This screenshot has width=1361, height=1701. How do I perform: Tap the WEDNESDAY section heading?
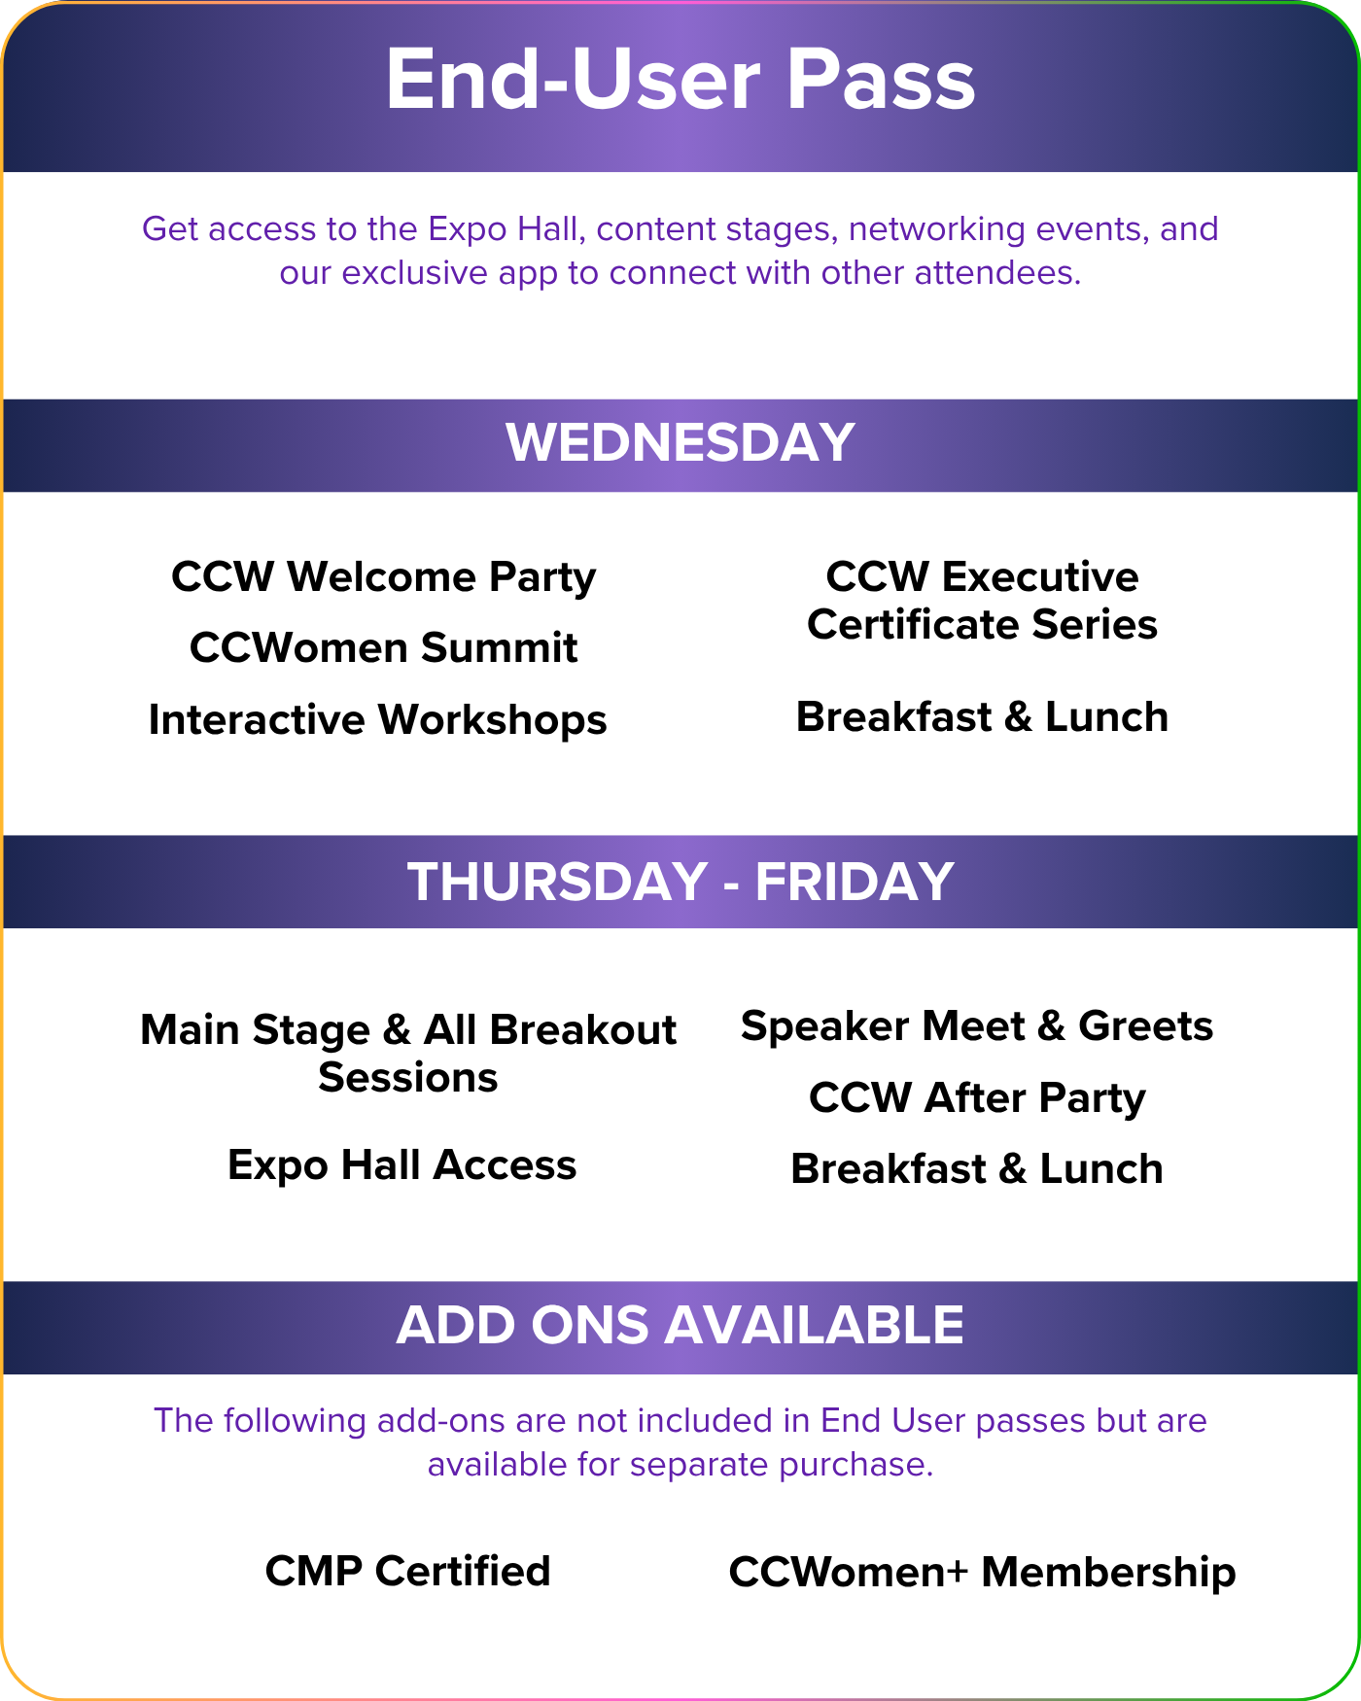[680, 442]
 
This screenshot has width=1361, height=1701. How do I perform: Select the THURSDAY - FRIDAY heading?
[680, 882]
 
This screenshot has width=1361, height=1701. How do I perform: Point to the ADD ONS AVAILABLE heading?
[680, 1325]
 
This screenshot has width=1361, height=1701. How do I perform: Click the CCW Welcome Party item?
[384, 577]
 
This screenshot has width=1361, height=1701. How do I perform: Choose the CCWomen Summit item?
[384, 647]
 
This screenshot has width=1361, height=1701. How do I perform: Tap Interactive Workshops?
[378, 720]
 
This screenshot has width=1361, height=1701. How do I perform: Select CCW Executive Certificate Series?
[982, 601]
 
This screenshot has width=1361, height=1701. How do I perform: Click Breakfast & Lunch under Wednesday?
[982, 717]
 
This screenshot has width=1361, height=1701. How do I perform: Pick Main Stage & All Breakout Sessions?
[408, 1054]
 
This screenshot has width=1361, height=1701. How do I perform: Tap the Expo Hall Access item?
[402, 1165]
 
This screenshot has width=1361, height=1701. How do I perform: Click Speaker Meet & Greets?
[977, 1026]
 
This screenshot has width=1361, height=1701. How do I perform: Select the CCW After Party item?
[977, 1098]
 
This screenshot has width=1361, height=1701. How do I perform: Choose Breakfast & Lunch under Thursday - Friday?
[977, 1169]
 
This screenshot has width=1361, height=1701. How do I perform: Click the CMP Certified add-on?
[408, 1571]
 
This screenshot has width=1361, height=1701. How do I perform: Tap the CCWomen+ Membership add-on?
[982, 1572]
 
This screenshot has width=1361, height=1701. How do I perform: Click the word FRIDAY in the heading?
[855, 882]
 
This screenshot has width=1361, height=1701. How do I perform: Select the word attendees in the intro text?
[997, 273]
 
